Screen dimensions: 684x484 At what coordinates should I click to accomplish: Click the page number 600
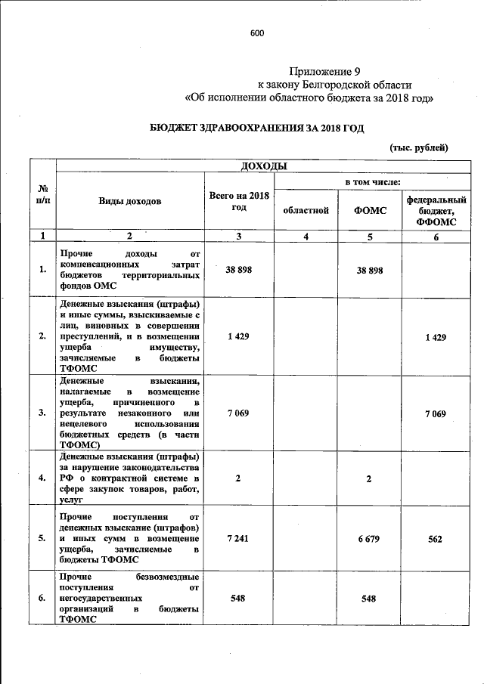257,33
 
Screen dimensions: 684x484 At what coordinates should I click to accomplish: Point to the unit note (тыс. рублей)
419,147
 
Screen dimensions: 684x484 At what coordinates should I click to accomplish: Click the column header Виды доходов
129,202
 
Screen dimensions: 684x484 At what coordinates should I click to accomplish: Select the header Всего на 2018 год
239,202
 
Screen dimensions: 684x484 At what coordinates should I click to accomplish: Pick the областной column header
306,210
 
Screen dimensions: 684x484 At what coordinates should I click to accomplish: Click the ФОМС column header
370,210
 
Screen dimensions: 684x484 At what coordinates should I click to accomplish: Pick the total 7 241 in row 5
238,538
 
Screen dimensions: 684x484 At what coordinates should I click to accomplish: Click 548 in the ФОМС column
370,597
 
